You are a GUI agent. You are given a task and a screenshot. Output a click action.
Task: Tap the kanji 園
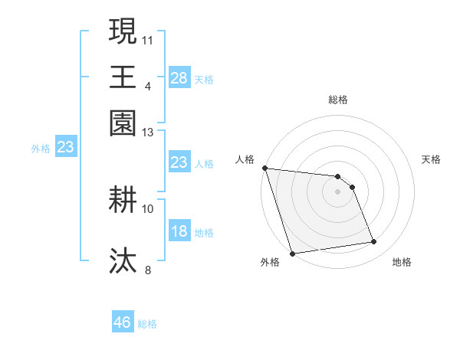123,123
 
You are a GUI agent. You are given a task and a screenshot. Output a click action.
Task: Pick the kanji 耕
123,201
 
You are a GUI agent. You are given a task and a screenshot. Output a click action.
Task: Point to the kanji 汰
123,260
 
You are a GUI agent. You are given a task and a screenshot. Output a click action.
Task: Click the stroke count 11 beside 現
148,39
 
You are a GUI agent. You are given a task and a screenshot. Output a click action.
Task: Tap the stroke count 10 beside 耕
148,208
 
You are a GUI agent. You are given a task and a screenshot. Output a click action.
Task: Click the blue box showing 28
179,78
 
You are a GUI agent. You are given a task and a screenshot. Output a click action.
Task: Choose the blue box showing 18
179,232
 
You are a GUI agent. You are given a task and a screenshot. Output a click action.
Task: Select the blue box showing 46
123,322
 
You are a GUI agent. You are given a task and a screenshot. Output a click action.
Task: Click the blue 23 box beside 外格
65,148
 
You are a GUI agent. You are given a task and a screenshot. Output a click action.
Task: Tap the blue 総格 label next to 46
147,324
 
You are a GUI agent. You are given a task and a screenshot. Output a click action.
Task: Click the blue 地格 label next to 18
204,233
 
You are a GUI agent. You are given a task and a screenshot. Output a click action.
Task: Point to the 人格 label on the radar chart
245,159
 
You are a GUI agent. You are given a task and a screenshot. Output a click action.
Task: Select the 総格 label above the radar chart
338,100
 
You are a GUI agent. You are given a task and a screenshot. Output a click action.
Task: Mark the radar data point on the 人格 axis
264,168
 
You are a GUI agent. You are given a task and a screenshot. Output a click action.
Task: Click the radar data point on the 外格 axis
293,254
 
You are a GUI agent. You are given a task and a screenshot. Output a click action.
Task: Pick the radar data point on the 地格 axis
374,242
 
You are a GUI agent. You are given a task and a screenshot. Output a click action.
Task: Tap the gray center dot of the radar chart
338,191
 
